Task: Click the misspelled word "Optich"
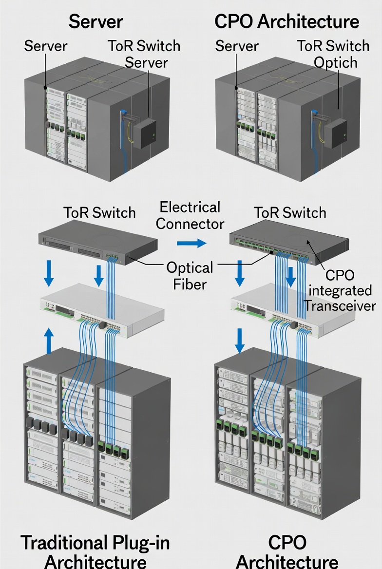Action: pos(335,63)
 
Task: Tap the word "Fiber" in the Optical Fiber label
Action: pos(191,284)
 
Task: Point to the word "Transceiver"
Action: pos(340,305)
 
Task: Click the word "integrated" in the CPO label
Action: pos(340,290)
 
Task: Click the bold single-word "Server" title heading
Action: pos(95,22)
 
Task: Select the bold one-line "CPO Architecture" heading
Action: pos(286,22)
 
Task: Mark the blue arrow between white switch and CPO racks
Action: pos(240,340)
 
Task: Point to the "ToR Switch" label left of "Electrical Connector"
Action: pos(99,213)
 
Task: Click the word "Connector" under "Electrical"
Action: pos(191,224)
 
